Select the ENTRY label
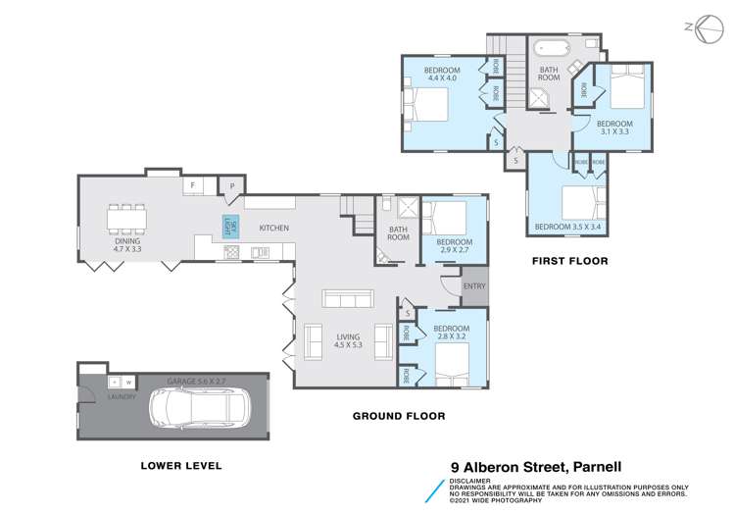474,286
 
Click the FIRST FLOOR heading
569,261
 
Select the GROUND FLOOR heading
399,416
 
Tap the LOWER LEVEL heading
180,465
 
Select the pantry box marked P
232,185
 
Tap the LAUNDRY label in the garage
122,397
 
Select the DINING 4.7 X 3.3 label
127,245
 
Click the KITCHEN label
273,228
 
